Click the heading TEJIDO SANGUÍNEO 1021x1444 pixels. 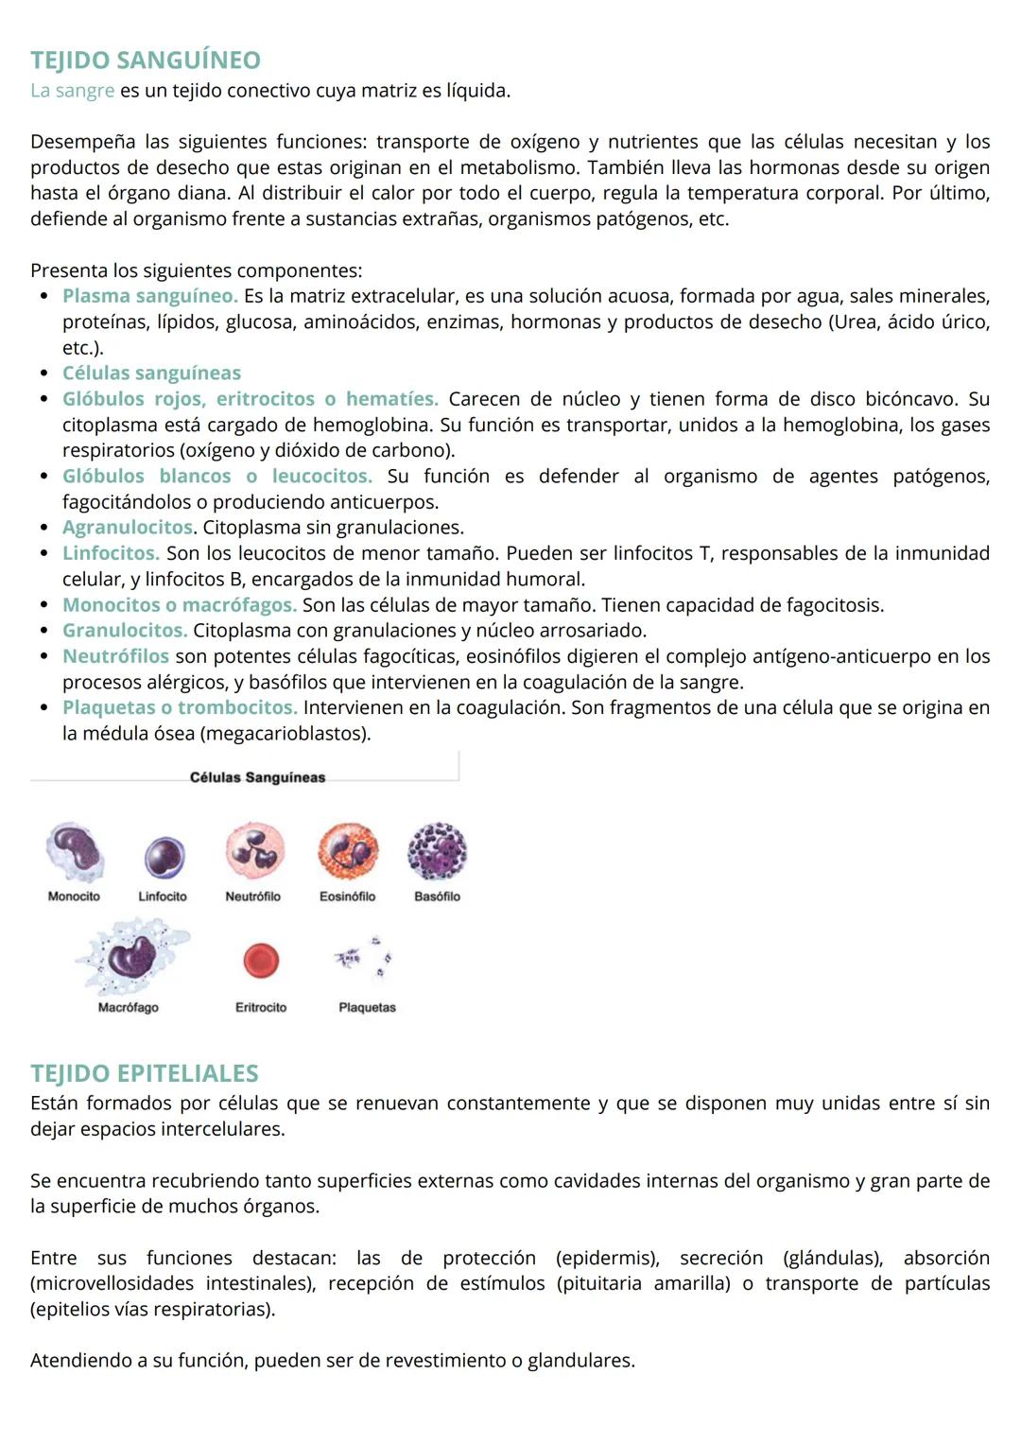pyautogui.click(x=145, y=61)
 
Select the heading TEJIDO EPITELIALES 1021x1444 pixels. pyautogui.click(x=144, y=1073)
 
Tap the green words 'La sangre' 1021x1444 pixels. pyautogui.click(x=72, y=91)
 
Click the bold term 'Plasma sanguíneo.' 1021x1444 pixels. pyautogui.click(x=149, y=296)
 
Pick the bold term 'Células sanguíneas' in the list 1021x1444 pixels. pyautogui.click(x=151, y=373)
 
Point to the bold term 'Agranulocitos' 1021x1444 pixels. pyautogui.click(x=128, y=527)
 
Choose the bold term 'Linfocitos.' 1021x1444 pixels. pyautogui.click(x=111, y=553)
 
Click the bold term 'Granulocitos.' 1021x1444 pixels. pyautogui.click(x=125, y=630)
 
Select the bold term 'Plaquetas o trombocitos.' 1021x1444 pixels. pyautogui.click(x=180, y=707)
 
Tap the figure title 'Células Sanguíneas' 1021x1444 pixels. pyautogui.click(x=257, y=777)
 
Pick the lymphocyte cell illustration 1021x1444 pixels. pyautogui.click(x=164, y=857)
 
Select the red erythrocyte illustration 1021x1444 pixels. pyautogui.click(x=261, y=961)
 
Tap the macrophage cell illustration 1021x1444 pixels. pyautogui.click(x=130, y=957)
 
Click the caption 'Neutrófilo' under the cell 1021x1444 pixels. pyautogui.click(x=252, y=896)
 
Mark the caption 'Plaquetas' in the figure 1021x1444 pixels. pyautogui.click(x=367, y=1008)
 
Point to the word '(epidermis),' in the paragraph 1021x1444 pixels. pyautogui.click(x=607, y=1258)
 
